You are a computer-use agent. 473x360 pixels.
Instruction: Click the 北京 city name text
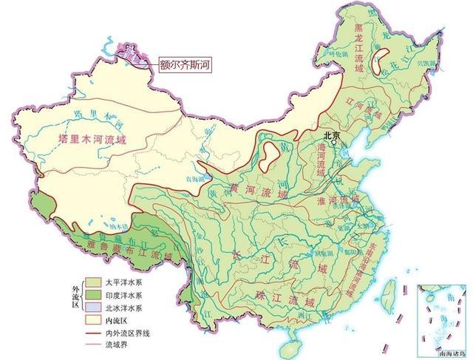pyautogui.click(x=330, y=135)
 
